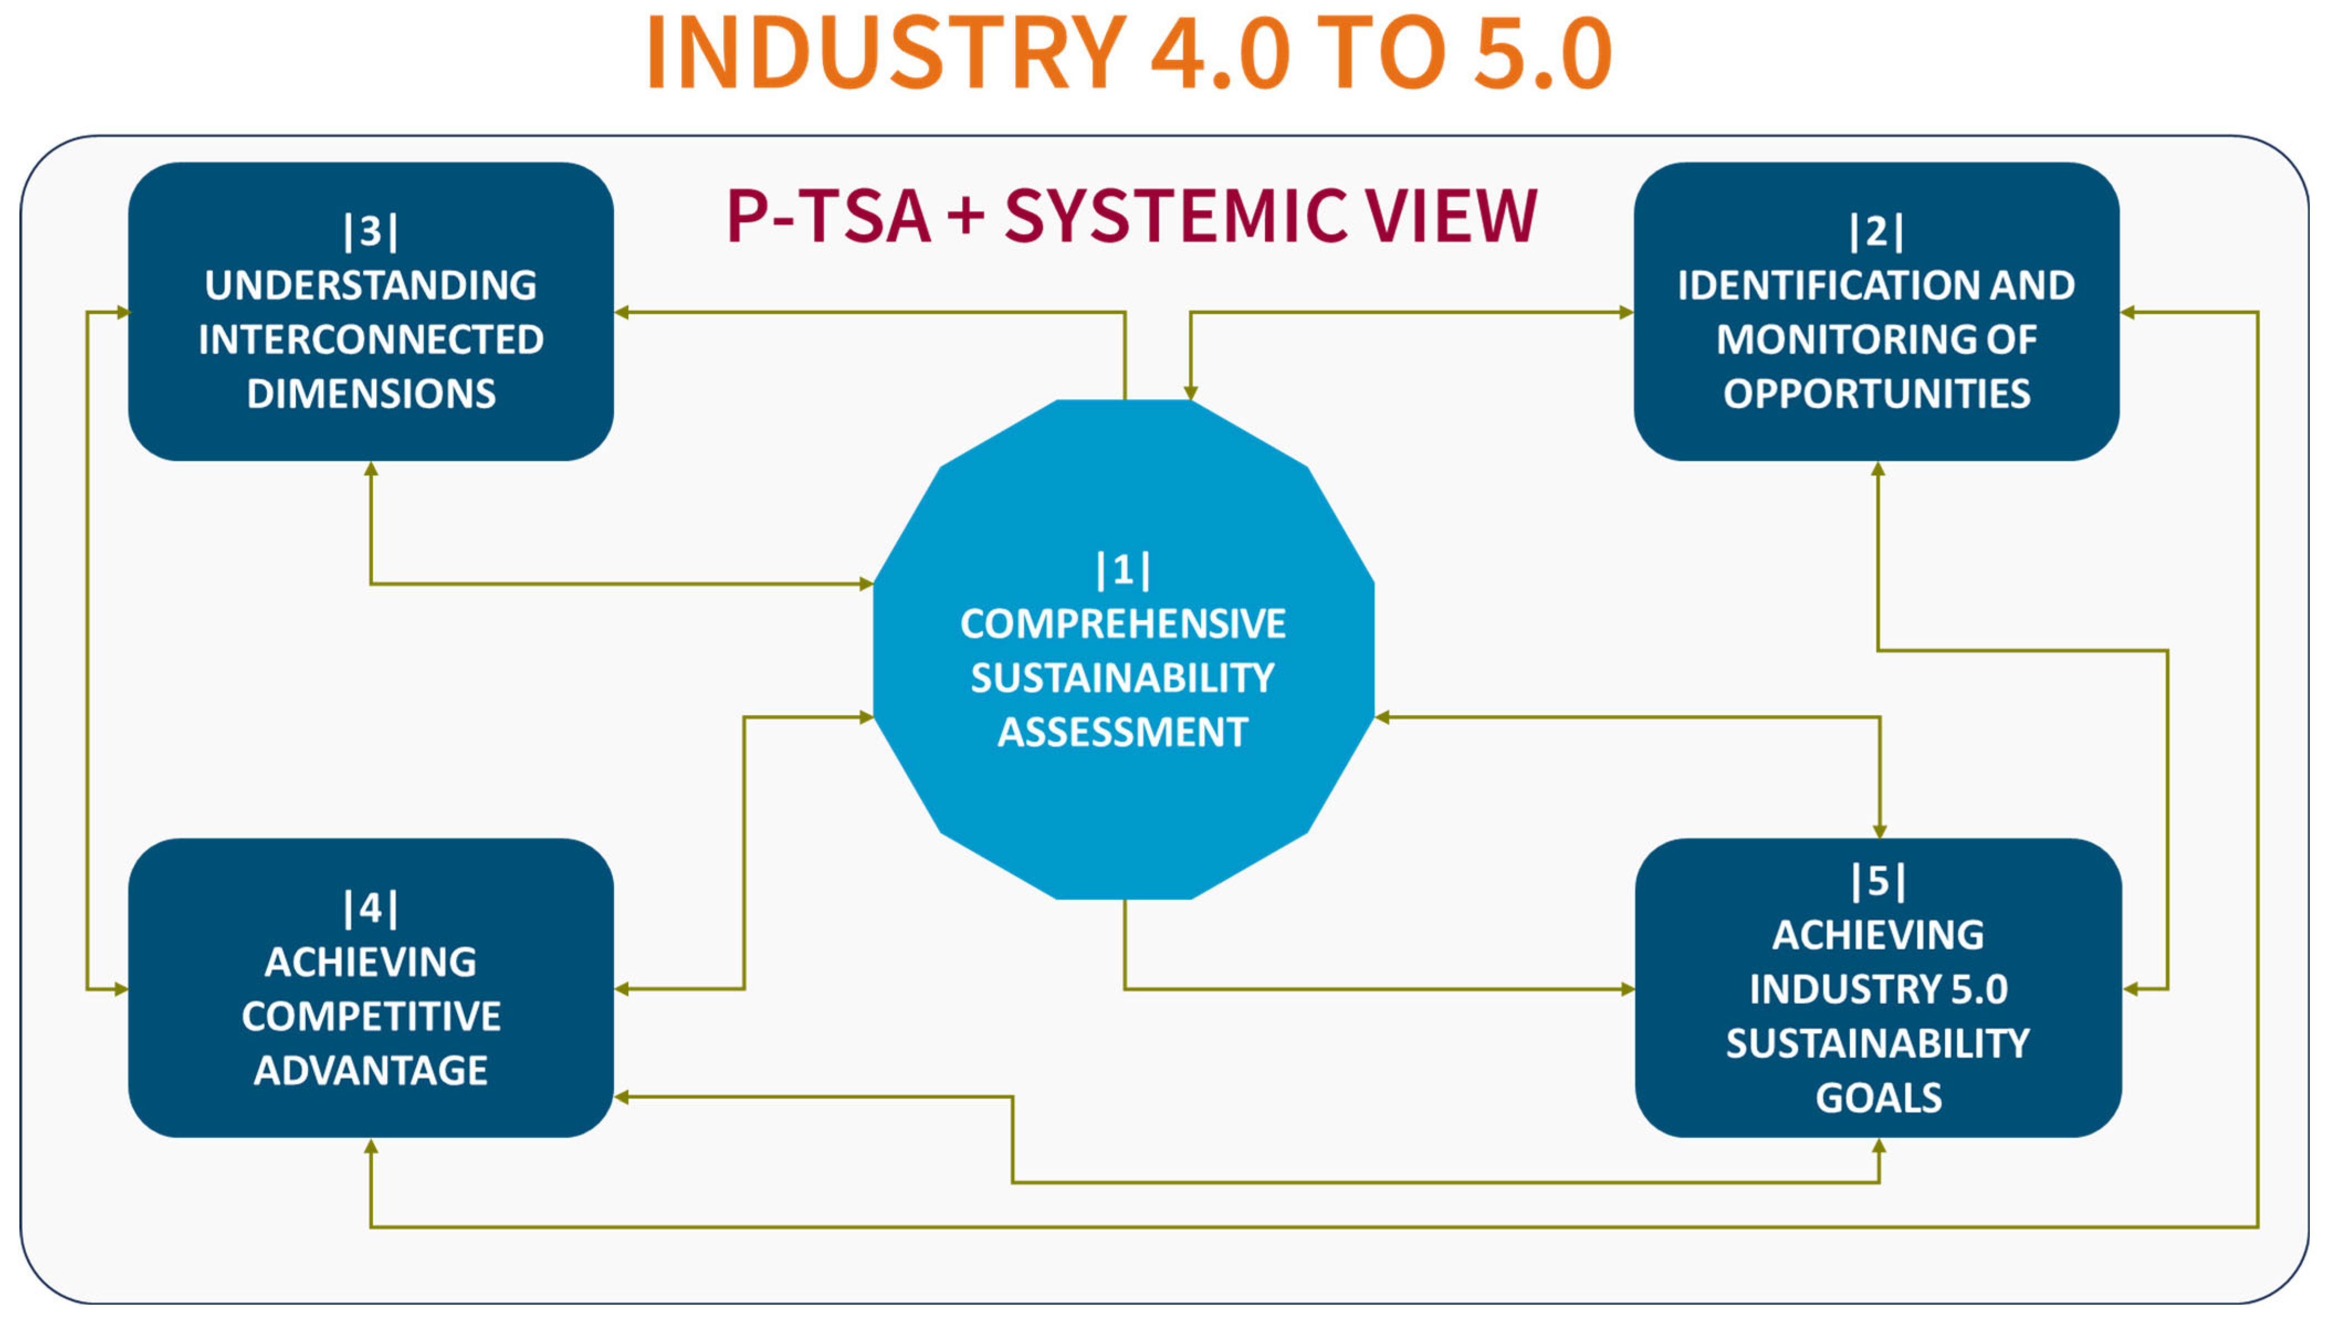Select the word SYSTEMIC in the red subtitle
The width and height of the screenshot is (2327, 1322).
pos(1176,216)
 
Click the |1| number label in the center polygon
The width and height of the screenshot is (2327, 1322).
pos(1123,570)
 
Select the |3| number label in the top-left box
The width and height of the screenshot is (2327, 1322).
pos(370,231)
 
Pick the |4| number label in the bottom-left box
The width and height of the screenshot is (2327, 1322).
pos(370,908)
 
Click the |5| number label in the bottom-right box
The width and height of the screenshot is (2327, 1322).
pos(1878,881)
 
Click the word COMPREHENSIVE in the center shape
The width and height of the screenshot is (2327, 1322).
pos(1123,624)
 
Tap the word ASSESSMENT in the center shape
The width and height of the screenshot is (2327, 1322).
pos(1123,732)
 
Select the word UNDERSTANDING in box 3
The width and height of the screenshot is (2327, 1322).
pos(370,285)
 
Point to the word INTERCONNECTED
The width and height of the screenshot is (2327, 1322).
pos(370,340)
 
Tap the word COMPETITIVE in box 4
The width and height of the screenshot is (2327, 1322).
pos(370,1016)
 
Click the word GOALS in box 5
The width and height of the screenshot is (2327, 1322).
pos(1878,1098)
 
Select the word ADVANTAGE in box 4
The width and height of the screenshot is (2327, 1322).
pos(370,1071)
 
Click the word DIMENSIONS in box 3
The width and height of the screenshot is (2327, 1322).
pos(370,394)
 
